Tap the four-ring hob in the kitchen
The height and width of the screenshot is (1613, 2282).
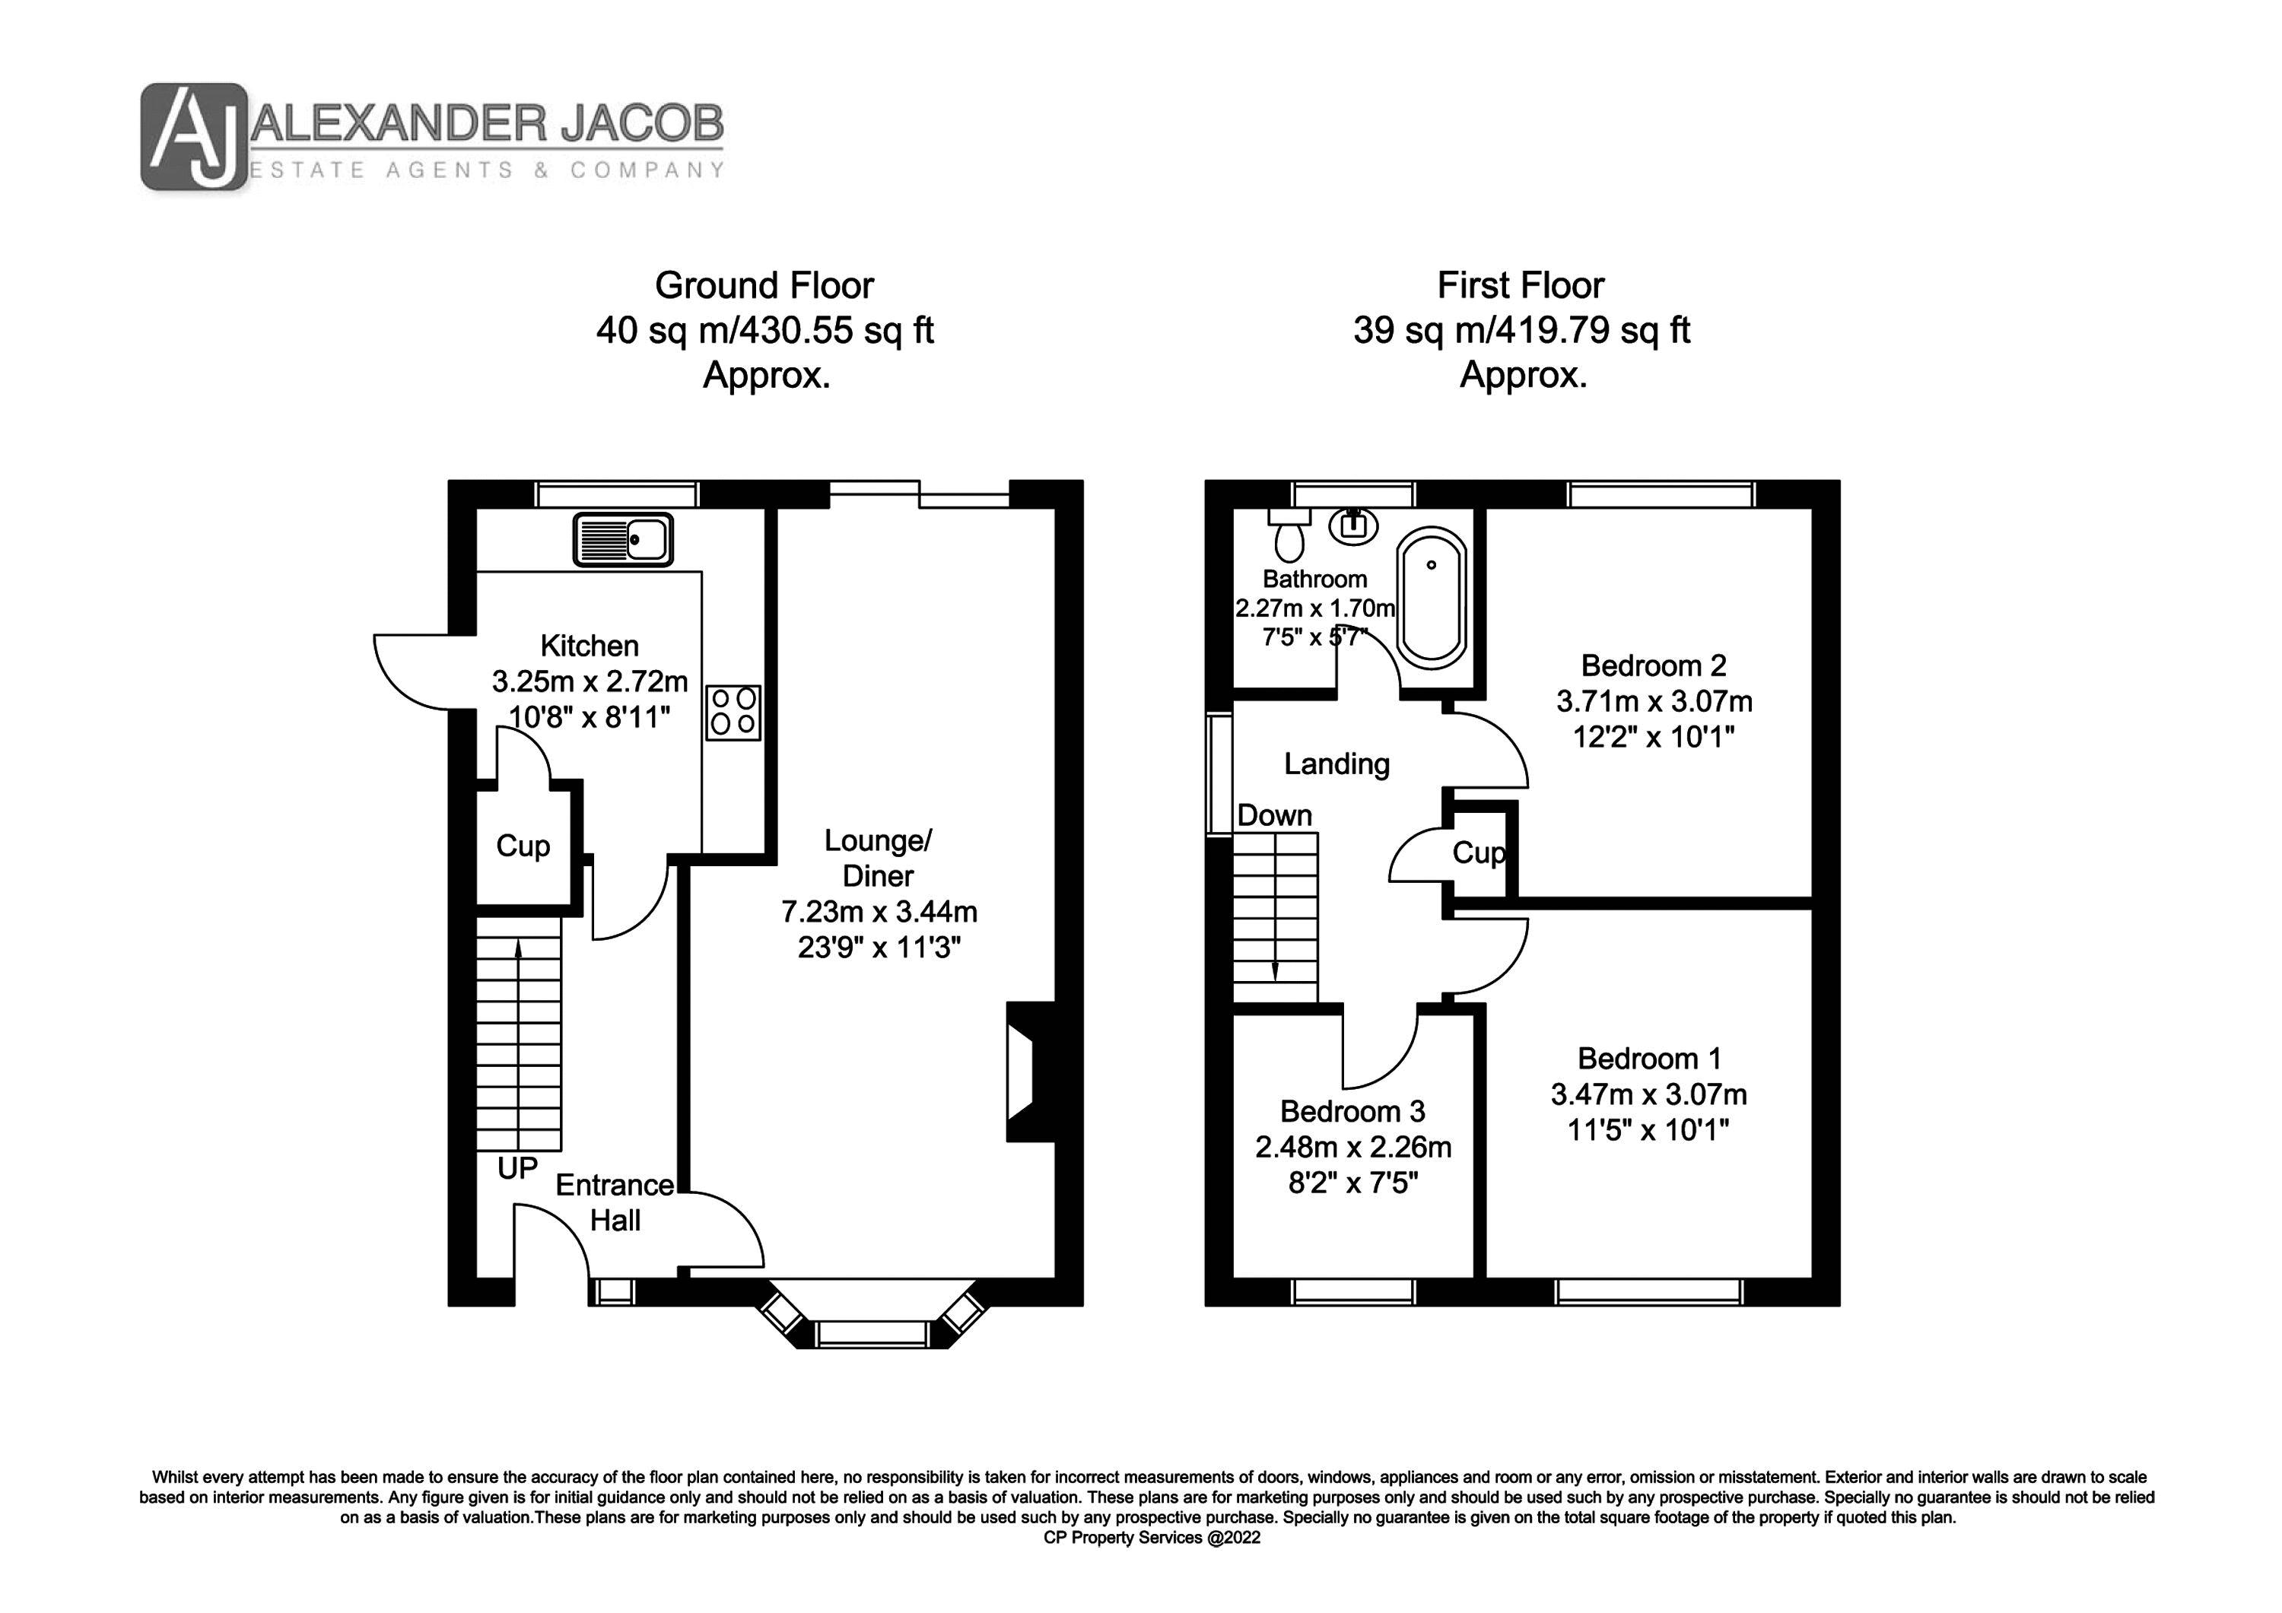(733, 713)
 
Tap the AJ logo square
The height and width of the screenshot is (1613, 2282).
(192, 136)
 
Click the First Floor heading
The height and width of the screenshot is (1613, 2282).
(1520, 286)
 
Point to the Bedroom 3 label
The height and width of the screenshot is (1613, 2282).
(1352, 1111)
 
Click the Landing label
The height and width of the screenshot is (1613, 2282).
(1336, 764)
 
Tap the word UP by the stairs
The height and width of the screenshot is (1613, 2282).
(516, 1169)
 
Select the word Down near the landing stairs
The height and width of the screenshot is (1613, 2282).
(1274, 816)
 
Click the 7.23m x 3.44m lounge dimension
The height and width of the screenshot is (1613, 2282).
(879, 911)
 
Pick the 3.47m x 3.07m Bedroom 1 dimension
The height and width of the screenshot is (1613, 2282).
(1648, 1094)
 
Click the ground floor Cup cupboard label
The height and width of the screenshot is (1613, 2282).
(523, 846)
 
